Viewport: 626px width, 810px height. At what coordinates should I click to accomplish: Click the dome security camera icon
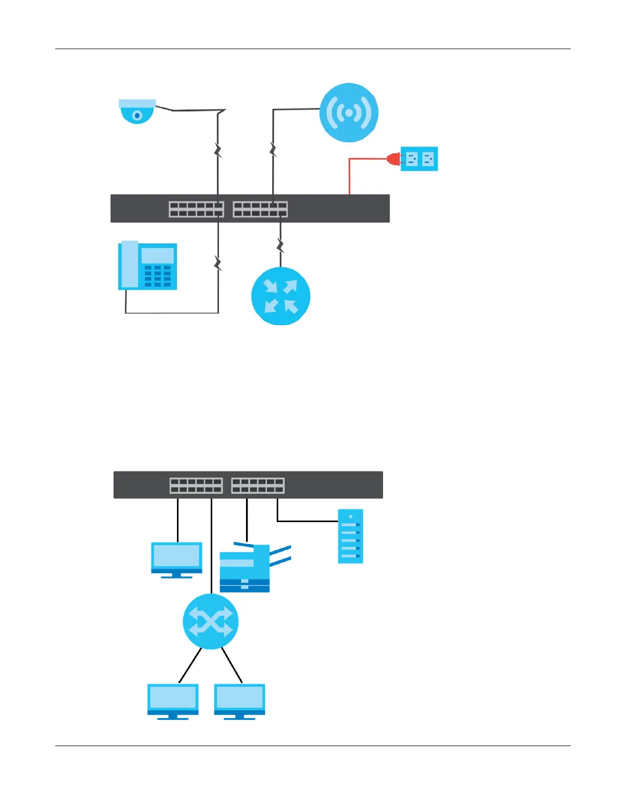tap(137, 111)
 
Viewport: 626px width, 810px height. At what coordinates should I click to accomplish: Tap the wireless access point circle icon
tap(349, 112)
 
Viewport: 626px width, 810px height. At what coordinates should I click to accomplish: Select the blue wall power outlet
tap(419, 159)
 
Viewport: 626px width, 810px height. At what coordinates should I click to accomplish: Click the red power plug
tap(394, 159)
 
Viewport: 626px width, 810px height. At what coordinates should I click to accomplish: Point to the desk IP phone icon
tap(148, 266)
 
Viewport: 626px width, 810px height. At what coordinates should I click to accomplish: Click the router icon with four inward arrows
tap(281, 296)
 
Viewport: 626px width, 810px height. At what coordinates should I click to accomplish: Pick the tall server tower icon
tap(351, 536)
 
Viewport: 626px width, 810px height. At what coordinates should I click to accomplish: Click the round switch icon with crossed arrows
tap(211, 621)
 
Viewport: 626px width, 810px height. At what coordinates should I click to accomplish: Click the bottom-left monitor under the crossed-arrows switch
tap(173, 701)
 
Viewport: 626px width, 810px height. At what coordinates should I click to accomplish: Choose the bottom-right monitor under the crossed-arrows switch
tap(239, 701)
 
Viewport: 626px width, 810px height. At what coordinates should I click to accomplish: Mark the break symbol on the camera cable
tap(218, 150)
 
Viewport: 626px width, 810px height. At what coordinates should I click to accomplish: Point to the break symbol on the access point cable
tap(273, 150)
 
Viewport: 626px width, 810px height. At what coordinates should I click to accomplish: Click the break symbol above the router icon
tap(280, 245)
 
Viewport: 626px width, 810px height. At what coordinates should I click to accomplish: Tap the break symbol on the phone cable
tap(218, 264)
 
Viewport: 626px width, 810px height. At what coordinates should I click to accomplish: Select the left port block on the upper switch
tap(196, 209)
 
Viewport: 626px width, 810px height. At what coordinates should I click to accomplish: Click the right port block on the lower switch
tap(258, 485)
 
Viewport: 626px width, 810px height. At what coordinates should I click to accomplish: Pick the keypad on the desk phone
tap(158, 276)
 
